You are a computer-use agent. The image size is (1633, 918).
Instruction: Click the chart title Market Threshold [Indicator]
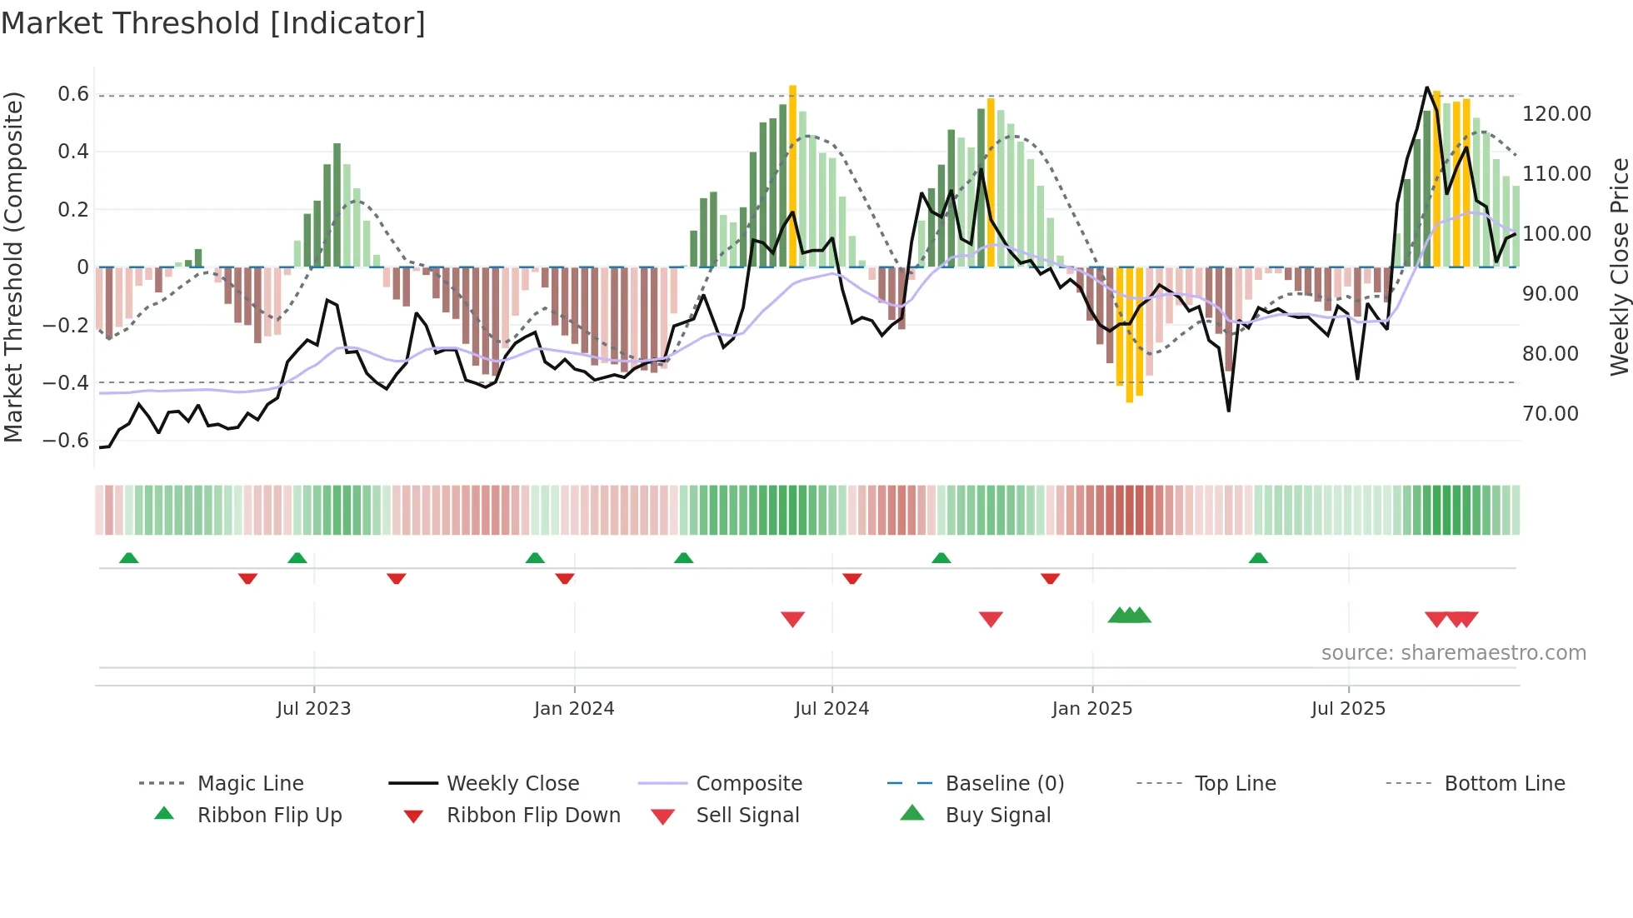213,23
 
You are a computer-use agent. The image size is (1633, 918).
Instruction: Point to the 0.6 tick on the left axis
73,94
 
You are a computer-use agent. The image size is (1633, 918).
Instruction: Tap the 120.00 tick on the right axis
1556,114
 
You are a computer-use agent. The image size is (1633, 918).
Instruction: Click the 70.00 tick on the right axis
1551,414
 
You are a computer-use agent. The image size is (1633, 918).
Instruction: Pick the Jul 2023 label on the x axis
313,709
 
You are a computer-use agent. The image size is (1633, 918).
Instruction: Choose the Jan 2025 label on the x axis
1091,709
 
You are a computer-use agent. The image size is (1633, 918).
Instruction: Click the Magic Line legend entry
250,784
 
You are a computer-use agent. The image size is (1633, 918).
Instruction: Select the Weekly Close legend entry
512,784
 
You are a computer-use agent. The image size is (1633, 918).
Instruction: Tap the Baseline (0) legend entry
1004,784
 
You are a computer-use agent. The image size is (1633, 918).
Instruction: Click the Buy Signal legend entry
997,816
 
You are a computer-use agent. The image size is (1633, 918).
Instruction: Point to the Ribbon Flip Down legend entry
533,816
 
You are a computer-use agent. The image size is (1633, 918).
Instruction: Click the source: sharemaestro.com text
1453,653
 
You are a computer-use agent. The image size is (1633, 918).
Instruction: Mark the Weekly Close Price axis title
1619,267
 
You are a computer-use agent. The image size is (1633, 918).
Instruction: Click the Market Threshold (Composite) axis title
13,267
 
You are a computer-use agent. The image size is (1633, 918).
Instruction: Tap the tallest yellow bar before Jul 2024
792,175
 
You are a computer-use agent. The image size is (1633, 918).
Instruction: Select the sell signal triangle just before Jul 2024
792,618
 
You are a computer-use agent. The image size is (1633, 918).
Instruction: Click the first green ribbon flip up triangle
128,558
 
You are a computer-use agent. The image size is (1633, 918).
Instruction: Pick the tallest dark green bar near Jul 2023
337,204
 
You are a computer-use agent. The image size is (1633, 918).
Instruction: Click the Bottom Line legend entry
1504,784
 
